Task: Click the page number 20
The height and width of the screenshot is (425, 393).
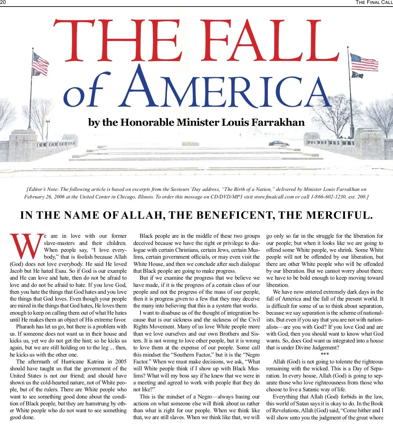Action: pos(3,3)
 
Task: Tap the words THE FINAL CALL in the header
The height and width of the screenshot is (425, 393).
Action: pos(374,3)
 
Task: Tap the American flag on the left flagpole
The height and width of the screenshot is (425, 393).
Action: pos(40,64)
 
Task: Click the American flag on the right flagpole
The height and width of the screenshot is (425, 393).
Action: pos(364,63)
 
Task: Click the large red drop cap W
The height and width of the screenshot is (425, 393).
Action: pos(27,246)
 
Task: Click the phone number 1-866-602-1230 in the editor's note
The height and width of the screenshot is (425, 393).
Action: pos(327,197)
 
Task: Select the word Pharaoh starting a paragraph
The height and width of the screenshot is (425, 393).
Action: pos(26,327)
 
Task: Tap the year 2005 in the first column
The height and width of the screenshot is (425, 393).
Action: pos(121,362)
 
